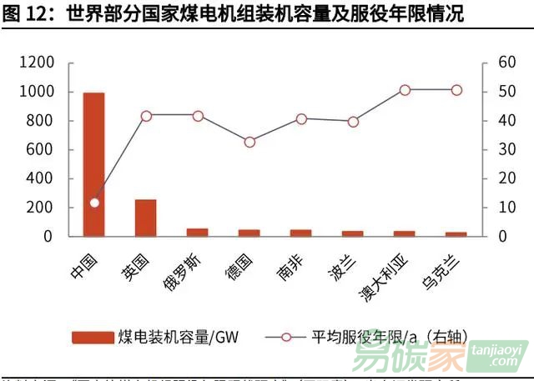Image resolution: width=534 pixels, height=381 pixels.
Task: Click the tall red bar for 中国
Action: (x=93, y=163)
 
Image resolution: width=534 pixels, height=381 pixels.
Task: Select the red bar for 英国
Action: (x=146, y=217)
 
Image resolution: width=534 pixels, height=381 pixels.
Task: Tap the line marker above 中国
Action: (x=94, y=203)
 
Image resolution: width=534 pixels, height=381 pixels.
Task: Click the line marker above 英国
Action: (x=146, y=116)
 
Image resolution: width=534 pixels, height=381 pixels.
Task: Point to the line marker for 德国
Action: (x=249, y=143)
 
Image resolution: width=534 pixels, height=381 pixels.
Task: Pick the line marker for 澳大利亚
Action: (x=405, y=90)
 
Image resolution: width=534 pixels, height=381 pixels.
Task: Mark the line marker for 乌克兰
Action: (x=456, y=90)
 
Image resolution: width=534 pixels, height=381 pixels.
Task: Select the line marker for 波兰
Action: (x=353, y=122)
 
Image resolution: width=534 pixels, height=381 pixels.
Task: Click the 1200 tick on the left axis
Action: (x=37, y=63)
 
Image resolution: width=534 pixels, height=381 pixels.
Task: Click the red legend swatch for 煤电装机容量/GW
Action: (x=93, y=337)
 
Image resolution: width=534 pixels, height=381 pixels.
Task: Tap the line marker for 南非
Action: (x=301, y=119)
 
